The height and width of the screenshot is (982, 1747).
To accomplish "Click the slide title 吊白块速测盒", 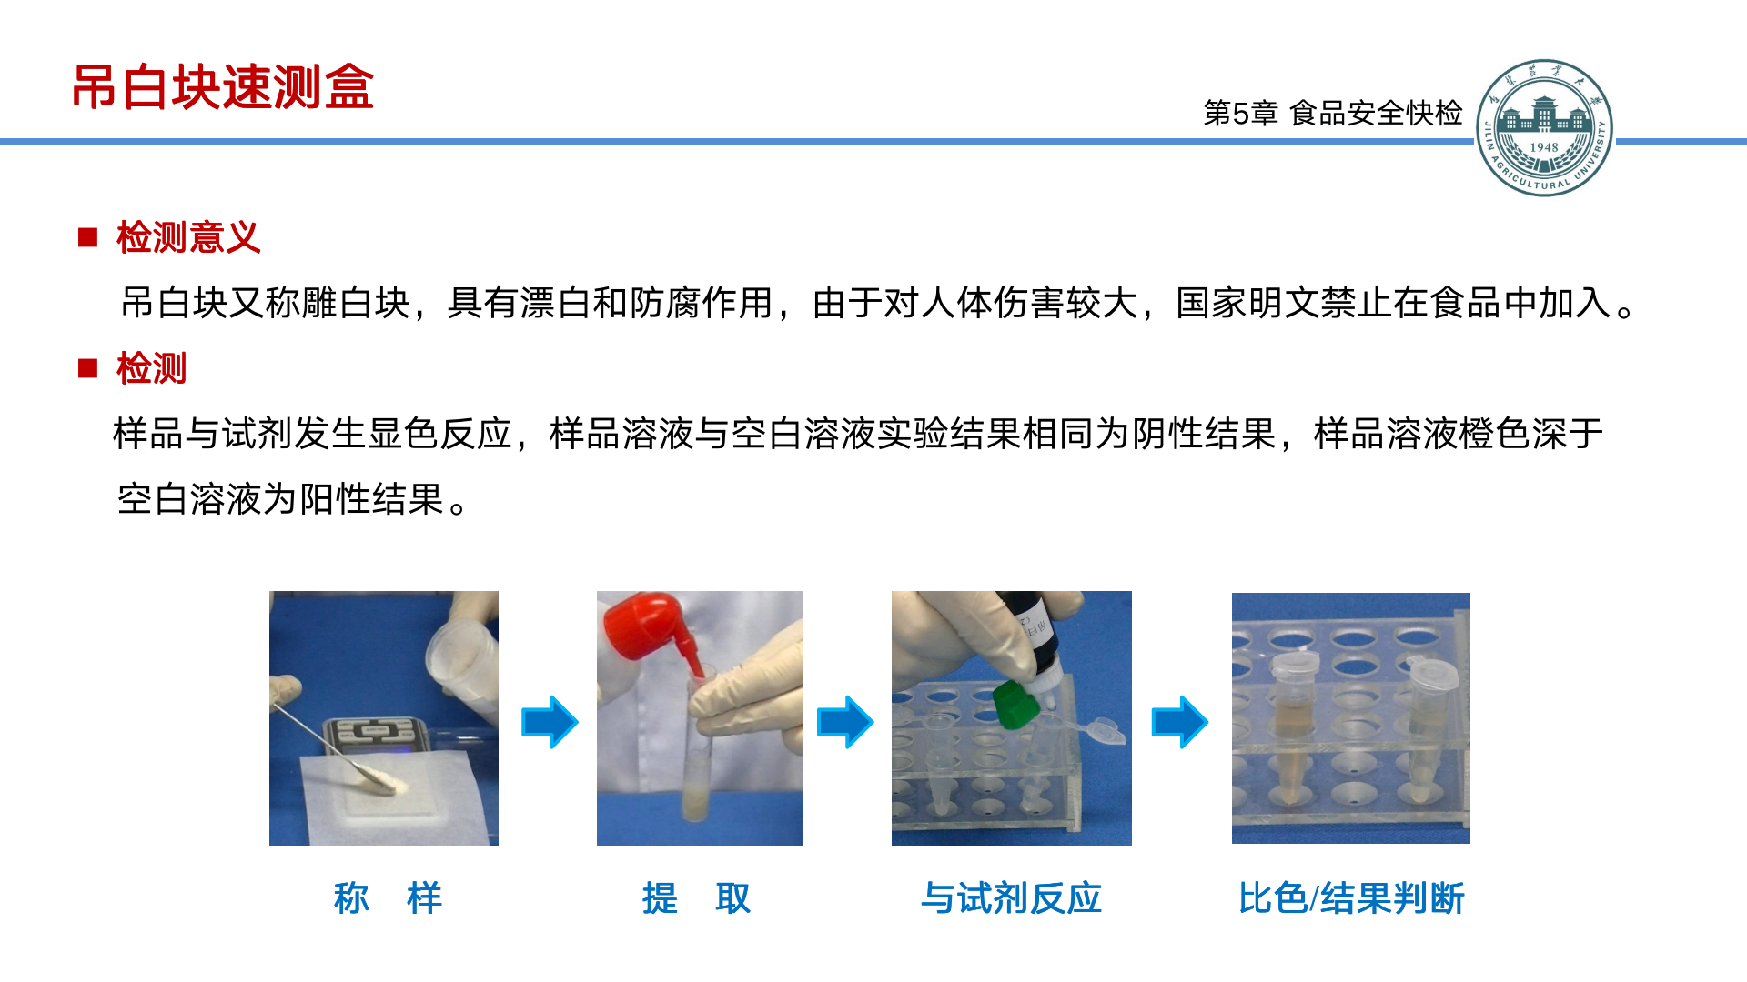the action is (x=223, y=87).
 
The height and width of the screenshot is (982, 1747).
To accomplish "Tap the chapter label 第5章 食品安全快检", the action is (x=1333, y=113).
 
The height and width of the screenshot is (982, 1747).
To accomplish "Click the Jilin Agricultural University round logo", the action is (x=1544, y=128).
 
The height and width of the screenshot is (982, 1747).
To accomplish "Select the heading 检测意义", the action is (x=188, y=237).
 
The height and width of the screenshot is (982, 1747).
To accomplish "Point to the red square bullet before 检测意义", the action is (x=88, y=237).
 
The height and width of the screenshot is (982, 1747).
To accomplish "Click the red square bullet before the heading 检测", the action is (x=88, y=368).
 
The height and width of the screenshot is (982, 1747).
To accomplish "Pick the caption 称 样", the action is (x=388, y=898).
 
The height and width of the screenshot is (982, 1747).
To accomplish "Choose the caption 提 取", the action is (x=696, y=898).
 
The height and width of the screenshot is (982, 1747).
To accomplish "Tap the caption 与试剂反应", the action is (x=1011, y=898).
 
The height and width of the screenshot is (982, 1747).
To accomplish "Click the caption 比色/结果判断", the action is (x=1351, y=898).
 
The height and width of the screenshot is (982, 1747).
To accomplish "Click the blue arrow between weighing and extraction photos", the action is (x=550, y=722).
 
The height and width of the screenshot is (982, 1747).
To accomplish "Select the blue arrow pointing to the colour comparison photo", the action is (x=1180, y=722).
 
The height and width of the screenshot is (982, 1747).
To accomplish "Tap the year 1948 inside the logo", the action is (x=1544, y=147).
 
